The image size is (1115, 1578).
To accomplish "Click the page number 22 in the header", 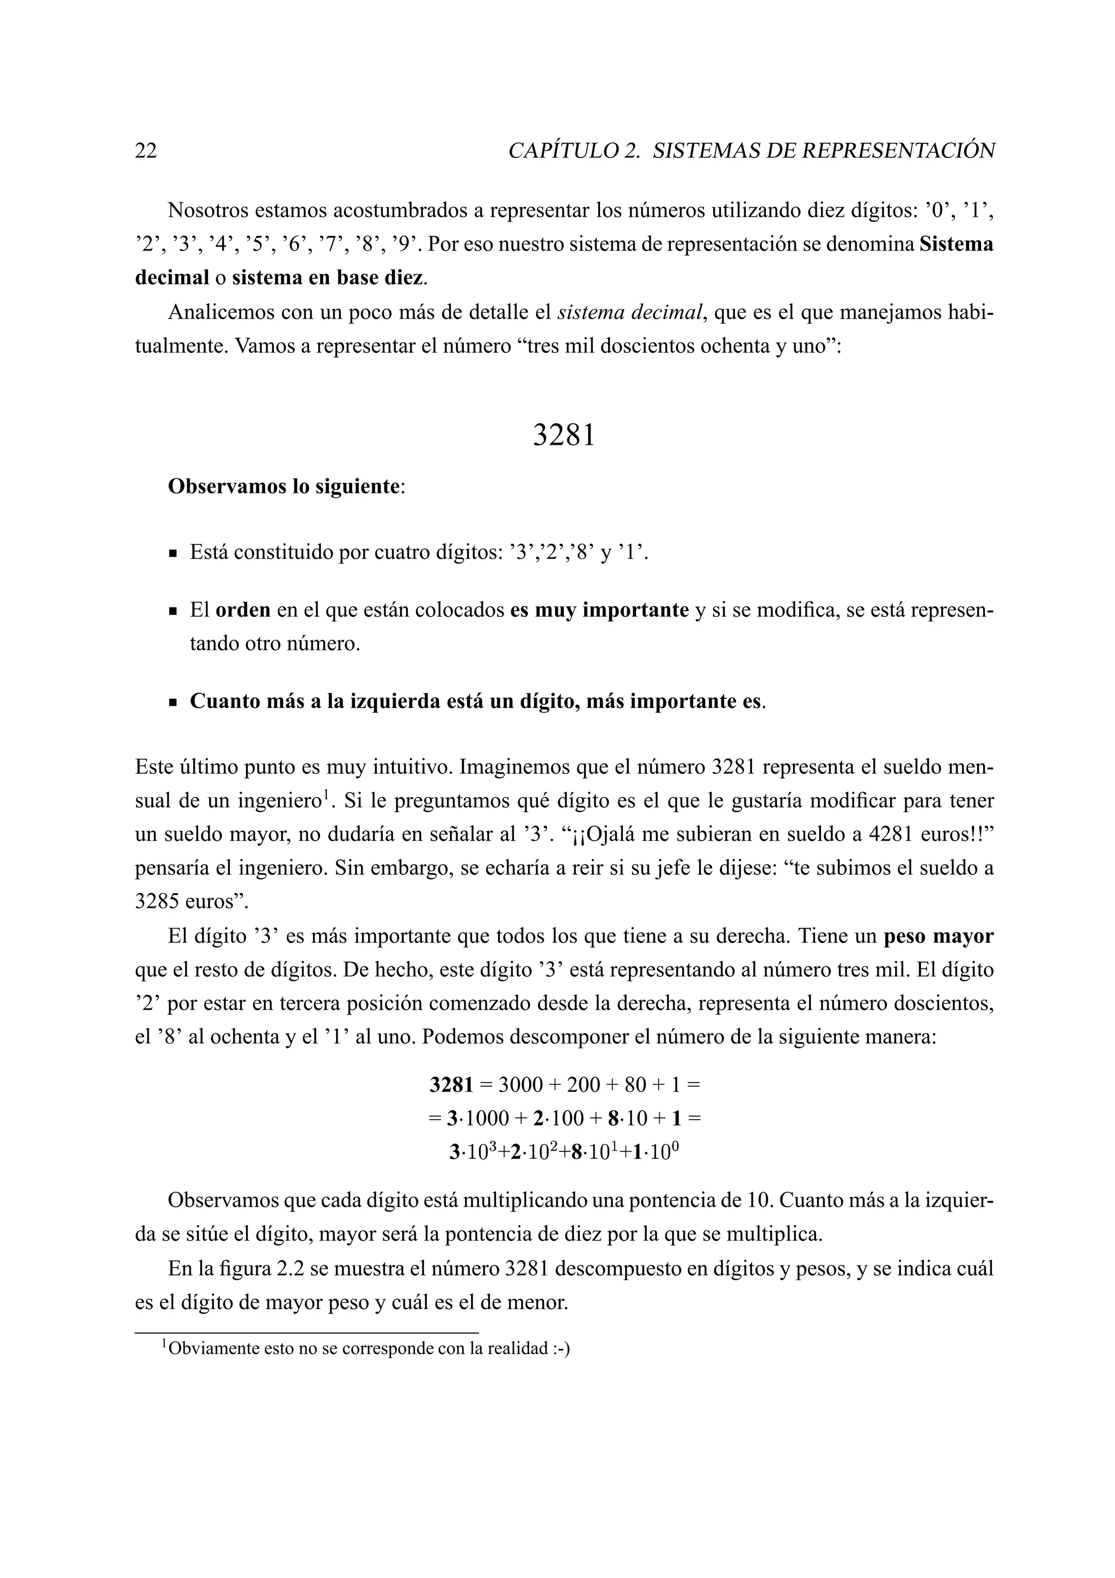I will click(x=146, y=150).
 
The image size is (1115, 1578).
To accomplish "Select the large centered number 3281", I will click(x=563, y=435).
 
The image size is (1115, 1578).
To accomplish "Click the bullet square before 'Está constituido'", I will click(x=173, y=553).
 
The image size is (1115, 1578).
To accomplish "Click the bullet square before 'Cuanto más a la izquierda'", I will click(x=173, y=703).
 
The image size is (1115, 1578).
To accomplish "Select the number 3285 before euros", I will click(x=157, y=902).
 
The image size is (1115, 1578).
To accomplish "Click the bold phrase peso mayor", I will click(x=939, y=936).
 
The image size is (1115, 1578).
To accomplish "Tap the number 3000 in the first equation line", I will click(x=520, y=1085).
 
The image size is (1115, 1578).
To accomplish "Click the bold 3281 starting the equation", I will click(x=451, y=1085).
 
